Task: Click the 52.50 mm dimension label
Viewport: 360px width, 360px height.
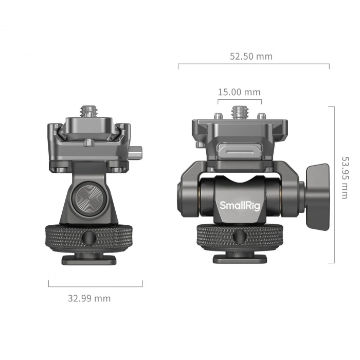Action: tap(251, 57)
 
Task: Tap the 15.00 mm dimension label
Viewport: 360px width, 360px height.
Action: tap(239, 93)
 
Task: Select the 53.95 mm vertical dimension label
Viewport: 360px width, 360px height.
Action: tap(346, 177)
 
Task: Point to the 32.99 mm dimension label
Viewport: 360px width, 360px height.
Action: tap(89, 298)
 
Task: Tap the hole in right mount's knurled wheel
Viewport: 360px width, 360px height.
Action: tap(240, 236)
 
